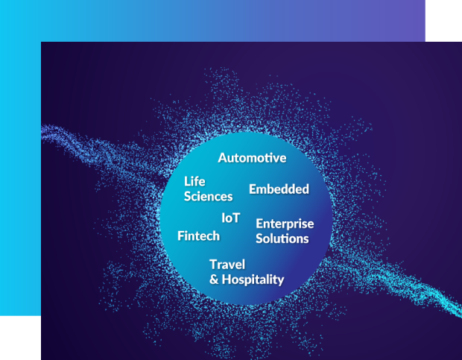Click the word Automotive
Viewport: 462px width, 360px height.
click(252, 158)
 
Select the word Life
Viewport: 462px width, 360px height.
click(194, 181)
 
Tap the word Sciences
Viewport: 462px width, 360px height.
click(209, 197)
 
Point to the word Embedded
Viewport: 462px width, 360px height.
click(279, 189)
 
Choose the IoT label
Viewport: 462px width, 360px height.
click(231, 218)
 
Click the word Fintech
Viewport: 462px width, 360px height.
click(199, 236)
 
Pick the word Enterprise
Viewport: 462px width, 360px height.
click(285, 224)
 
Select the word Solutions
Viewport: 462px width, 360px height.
click(282, 239)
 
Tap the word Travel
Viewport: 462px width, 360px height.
click(227, 265)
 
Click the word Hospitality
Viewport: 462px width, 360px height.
click(253, 280)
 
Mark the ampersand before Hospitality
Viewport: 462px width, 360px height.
click(214, 280)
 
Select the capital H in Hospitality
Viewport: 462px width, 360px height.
click(227, 280)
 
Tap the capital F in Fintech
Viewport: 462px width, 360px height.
click(181, 236)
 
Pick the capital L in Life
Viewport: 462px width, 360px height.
click(187, 181)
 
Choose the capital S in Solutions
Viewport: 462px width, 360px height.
click(259, 239)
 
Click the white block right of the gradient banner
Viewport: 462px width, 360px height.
click(443, 21)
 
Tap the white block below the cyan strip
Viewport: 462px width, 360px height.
click(20, 338)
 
